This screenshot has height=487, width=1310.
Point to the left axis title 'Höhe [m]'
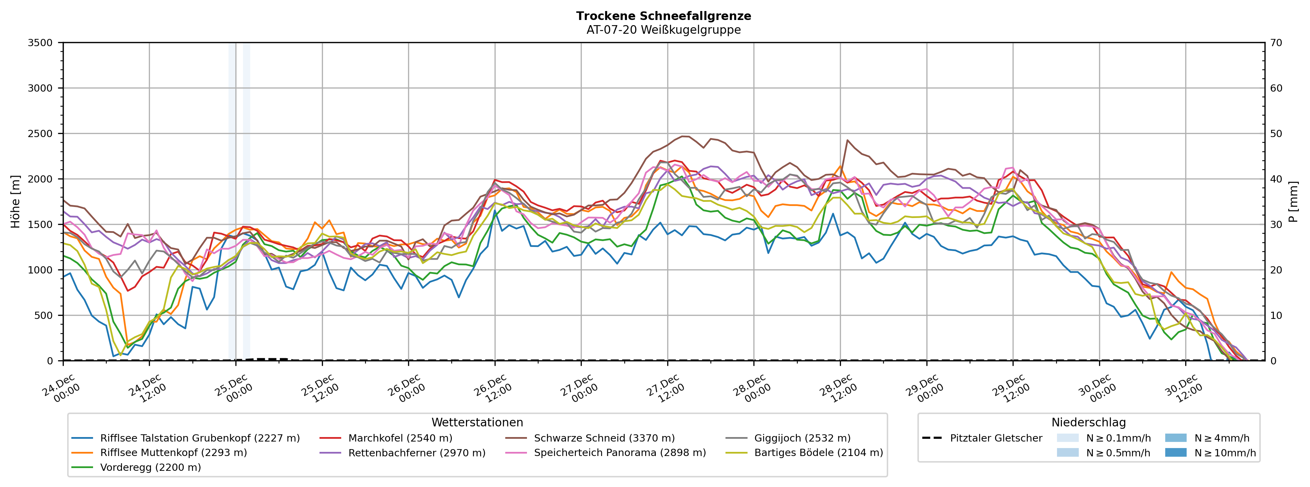pyautogui.click(x=15, y=201)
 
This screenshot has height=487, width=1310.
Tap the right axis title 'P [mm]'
pyautogui.click(x=1293, y=201)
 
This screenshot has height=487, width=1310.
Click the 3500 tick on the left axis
pyautogui.click(x=40, y=43)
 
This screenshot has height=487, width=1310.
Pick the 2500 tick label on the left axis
pyautogui.click(x=40, y=134)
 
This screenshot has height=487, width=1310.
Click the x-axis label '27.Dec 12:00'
pyautogui.click(x=665, y=388)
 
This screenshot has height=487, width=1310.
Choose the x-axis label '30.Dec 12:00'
pyautogui.click(x=1184, y=388)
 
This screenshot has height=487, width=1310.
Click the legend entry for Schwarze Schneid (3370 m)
pyautogui.click(x=604, y=438)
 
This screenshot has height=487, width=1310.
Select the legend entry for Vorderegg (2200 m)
pyautogui.click(x=151, y=467)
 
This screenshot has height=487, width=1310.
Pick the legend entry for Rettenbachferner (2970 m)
pyautogui.click(x=416, y=453)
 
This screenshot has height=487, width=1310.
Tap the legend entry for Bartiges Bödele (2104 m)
pyautogui.click(x=818, y=453)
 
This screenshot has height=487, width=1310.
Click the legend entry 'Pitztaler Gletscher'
pyautogui.click(x=996, y=438)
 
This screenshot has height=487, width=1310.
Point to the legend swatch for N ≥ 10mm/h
pyautogui.click(x=1176, y=453)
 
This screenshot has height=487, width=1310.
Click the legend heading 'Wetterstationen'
pyautogui.click(x=477, y=423)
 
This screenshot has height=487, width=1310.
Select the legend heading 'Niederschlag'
pyautogui.click(x=1088, y=423)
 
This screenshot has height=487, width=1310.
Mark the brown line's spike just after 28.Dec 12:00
pyautogui.click(x=847, y=140)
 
